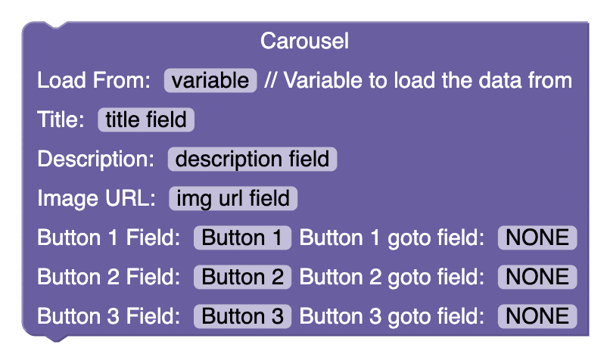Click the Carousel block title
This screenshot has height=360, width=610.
[x=304, y=41]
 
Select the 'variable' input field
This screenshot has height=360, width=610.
[x=210, y=80]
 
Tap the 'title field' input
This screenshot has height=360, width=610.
[x=146, y=119]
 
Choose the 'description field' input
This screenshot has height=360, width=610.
[x=252, y=159]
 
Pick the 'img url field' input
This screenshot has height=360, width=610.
[x=233, y=198]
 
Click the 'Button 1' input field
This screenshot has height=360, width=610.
[x=242, y=237]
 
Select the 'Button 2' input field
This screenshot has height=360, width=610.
[x=242, y=277]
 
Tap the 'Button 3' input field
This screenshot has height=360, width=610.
[x=242, y=316]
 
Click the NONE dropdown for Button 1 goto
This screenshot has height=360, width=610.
[x=537, y=237]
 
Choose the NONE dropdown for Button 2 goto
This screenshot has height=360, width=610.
[x=537, y=277]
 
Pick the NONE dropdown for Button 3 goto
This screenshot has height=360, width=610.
[x=537, y=316]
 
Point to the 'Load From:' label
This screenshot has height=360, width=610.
[x=94, y=80]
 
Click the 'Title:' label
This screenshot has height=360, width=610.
[x=61, y=119]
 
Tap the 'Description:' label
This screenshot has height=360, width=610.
[x=95, y=159]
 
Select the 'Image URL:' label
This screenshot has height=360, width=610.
[x=96, y=198]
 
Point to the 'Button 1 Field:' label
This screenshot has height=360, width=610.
[x=108, y=237]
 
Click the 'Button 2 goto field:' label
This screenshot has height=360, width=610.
[x=392, y=278]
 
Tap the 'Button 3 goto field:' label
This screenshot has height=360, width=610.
[x=392, y=317]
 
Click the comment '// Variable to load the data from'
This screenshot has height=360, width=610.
[x=419, y=80]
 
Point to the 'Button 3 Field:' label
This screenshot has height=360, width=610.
[x=108, y=316]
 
